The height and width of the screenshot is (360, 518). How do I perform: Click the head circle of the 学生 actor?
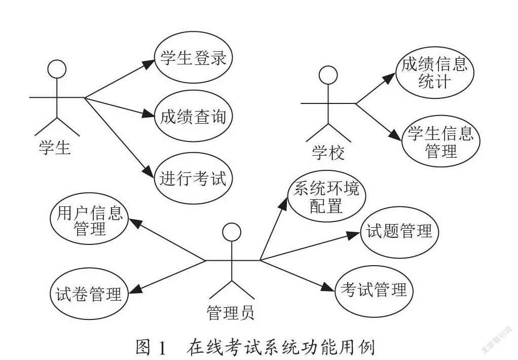pos(57,60)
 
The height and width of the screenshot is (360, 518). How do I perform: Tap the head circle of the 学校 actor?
pos(328,66)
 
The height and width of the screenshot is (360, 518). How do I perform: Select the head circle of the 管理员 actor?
pos(232,223)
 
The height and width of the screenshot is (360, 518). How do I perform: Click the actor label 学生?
pos(55,148)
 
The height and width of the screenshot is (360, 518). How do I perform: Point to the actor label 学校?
pos(328,153)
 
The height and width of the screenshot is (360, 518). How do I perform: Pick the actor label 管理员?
pos(231,312)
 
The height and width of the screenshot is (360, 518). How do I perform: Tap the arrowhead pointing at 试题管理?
pos(353,235)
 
